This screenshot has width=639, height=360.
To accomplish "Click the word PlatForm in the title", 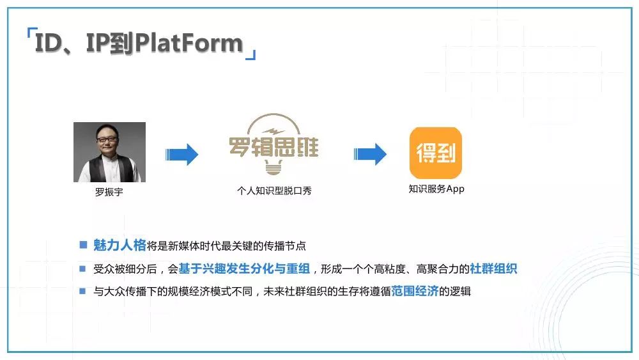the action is (189, 43).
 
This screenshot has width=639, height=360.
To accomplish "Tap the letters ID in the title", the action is (49, 43).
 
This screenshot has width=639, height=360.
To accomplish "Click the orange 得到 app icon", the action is (436, 153).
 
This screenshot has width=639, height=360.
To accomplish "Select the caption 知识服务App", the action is (436, 189).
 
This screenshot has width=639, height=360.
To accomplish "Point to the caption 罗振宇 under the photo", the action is (109, 192).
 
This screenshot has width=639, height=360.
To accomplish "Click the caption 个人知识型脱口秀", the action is (274, 191).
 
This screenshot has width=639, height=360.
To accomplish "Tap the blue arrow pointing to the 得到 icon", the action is (370, 154).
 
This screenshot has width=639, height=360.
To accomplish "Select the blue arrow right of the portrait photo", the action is (181, 154).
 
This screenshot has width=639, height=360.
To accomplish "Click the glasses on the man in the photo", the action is (107, 139).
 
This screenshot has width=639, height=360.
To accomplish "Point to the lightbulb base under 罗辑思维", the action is (273, 167).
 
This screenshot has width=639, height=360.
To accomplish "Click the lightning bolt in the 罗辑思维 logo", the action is (274, 131).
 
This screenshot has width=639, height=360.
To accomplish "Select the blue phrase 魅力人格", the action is (119, 245).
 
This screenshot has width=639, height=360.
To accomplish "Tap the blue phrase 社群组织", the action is (493, 269).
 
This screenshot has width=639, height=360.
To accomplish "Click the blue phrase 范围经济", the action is (415, 291).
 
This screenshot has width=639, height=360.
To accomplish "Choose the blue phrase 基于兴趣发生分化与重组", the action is (244, 269).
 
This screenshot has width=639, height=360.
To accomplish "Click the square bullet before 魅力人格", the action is (83, 245).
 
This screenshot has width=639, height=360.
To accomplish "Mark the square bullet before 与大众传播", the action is (82, 291).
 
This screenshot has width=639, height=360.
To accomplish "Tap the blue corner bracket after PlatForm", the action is (251, 55).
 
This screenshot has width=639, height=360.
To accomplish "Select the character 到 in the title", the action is (121, 43).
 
